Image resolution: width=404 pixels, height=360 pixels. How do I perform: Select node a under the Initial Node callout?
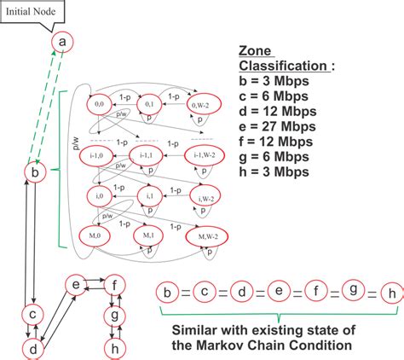pos(62,42)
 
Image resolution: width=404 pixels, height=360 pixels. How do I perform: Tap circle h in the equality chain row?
pos(389,295)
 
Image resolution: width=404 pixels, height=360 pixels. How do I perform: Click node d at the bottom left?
pos(33,348)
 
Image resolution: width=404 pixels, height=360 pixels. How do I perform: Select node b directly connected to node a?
pos(35,173)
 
